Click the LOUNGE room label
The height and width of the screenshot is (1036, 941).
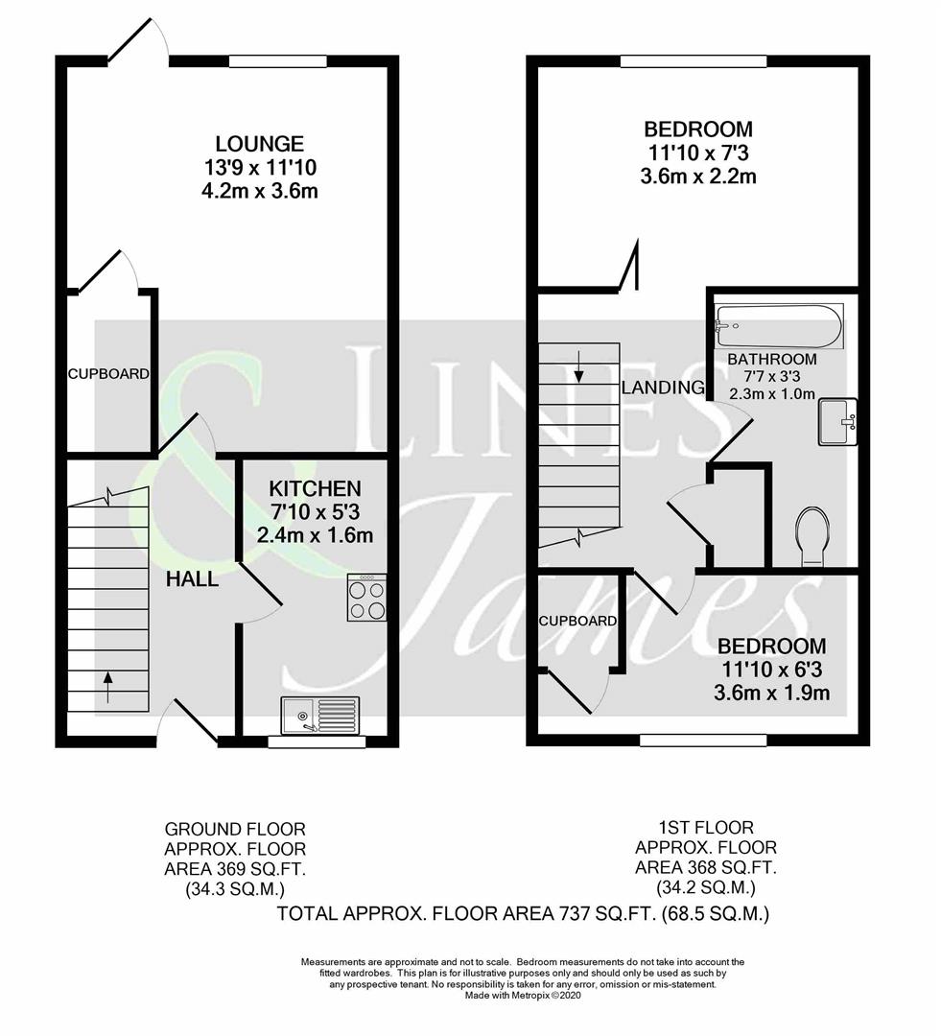(259, 144)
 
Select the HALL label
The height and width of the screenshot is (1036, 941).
(192, 579)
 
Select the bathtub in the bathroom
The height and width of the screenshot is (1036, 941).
(779, 327)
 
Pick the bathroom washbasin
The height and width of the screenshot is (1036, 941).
(835, 422)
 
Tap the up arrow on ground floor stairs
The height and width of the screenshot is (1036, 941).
(107, 687)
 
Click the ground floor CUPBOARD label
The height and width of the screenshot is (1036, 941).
(108, 374)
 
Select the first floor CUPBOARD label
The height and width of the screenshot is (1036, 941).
(577, 621)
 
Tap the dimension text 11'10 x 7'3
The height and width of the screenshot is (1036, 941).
(697, 153)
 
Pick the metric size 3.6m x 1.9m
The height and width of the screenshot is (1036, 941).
(772, 693)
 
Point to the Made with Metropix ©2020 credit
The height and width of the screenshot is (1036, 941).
(523, 996)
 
